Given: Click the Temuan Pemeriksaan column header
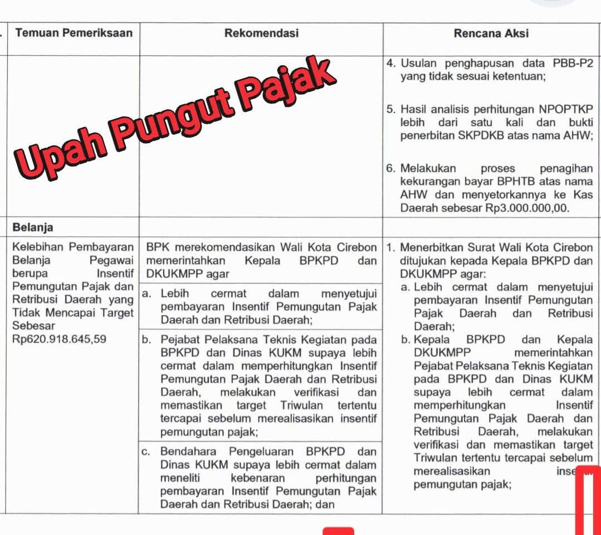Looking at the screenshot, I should [x=74, y=33].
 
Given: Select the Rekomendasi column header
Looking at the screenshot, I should [x=261, y=33].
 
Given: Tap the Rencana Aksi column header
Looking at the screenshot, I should [x=491, y=33].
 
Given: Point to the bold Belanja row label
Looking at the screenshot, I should [x=33, y=227].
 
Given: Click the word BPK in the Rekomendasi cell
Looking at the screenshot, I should [x=155, y=247].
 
